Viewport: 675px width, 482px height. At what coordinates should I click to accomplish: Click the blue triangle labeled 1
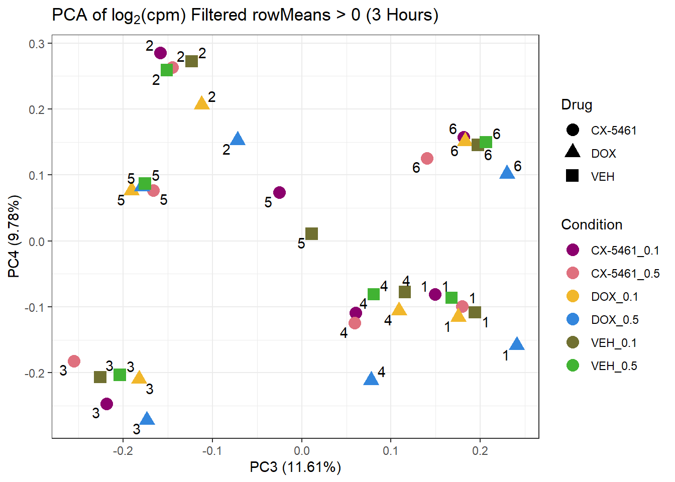coord(517,344)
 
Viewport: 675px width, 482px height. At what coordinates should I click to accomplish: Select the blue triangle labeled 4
coord(371,379)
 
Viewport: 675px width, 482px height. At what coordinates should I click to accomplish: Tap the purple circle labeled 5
coord(280,192)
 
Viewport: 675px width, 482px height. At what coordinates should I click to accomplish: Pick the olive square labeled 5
coord(311,233)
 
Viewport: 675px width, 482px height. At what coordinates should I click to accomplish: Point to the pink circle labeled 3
coord(74,361)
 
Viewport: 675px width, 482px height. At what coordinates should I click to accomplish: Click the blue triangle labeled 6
coord(507,173)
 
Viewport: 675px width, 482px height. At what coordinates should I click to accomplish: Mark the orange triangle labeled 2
coord(201,103)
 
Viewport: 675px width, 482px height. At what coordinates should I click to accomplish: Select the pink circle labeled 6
coord(427,158)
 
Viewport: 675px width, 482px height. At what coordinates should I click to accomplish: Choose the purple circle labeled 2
coord(161,53)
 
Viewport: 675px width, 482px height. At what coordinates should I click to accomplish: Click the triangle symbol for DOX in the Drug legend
coord(573,152)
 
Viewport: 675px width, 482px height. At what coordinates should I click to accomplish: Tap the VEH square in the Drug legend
coord(573,176)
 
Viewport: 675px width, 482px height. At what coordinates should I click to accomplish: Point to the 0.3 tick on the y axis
coord(37,44)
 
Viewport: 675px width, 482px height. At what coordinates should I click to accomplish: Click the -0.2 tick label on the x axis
coord(123,451)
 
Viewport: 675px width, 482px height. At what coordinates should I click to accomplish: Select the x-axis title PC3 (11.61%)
coord(295,467)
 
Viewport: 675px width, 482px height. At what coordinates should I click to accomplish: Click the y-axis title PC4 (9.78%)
coord(14,236)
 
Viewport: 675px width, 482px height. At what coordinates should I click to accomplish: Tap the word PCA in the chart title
coord(70,15)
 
